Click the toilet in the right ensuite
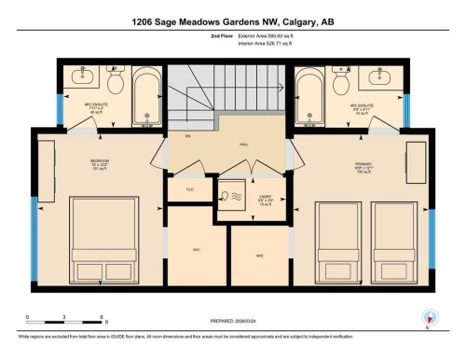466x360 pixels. point(341,82)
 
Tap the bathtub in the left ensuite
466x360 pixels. point(147,97)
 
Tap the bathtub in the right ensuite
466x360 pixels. point(312,97)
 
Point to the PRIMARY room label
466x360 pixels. point(363,166)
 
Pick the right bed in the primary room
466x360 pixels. point(394,244)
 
